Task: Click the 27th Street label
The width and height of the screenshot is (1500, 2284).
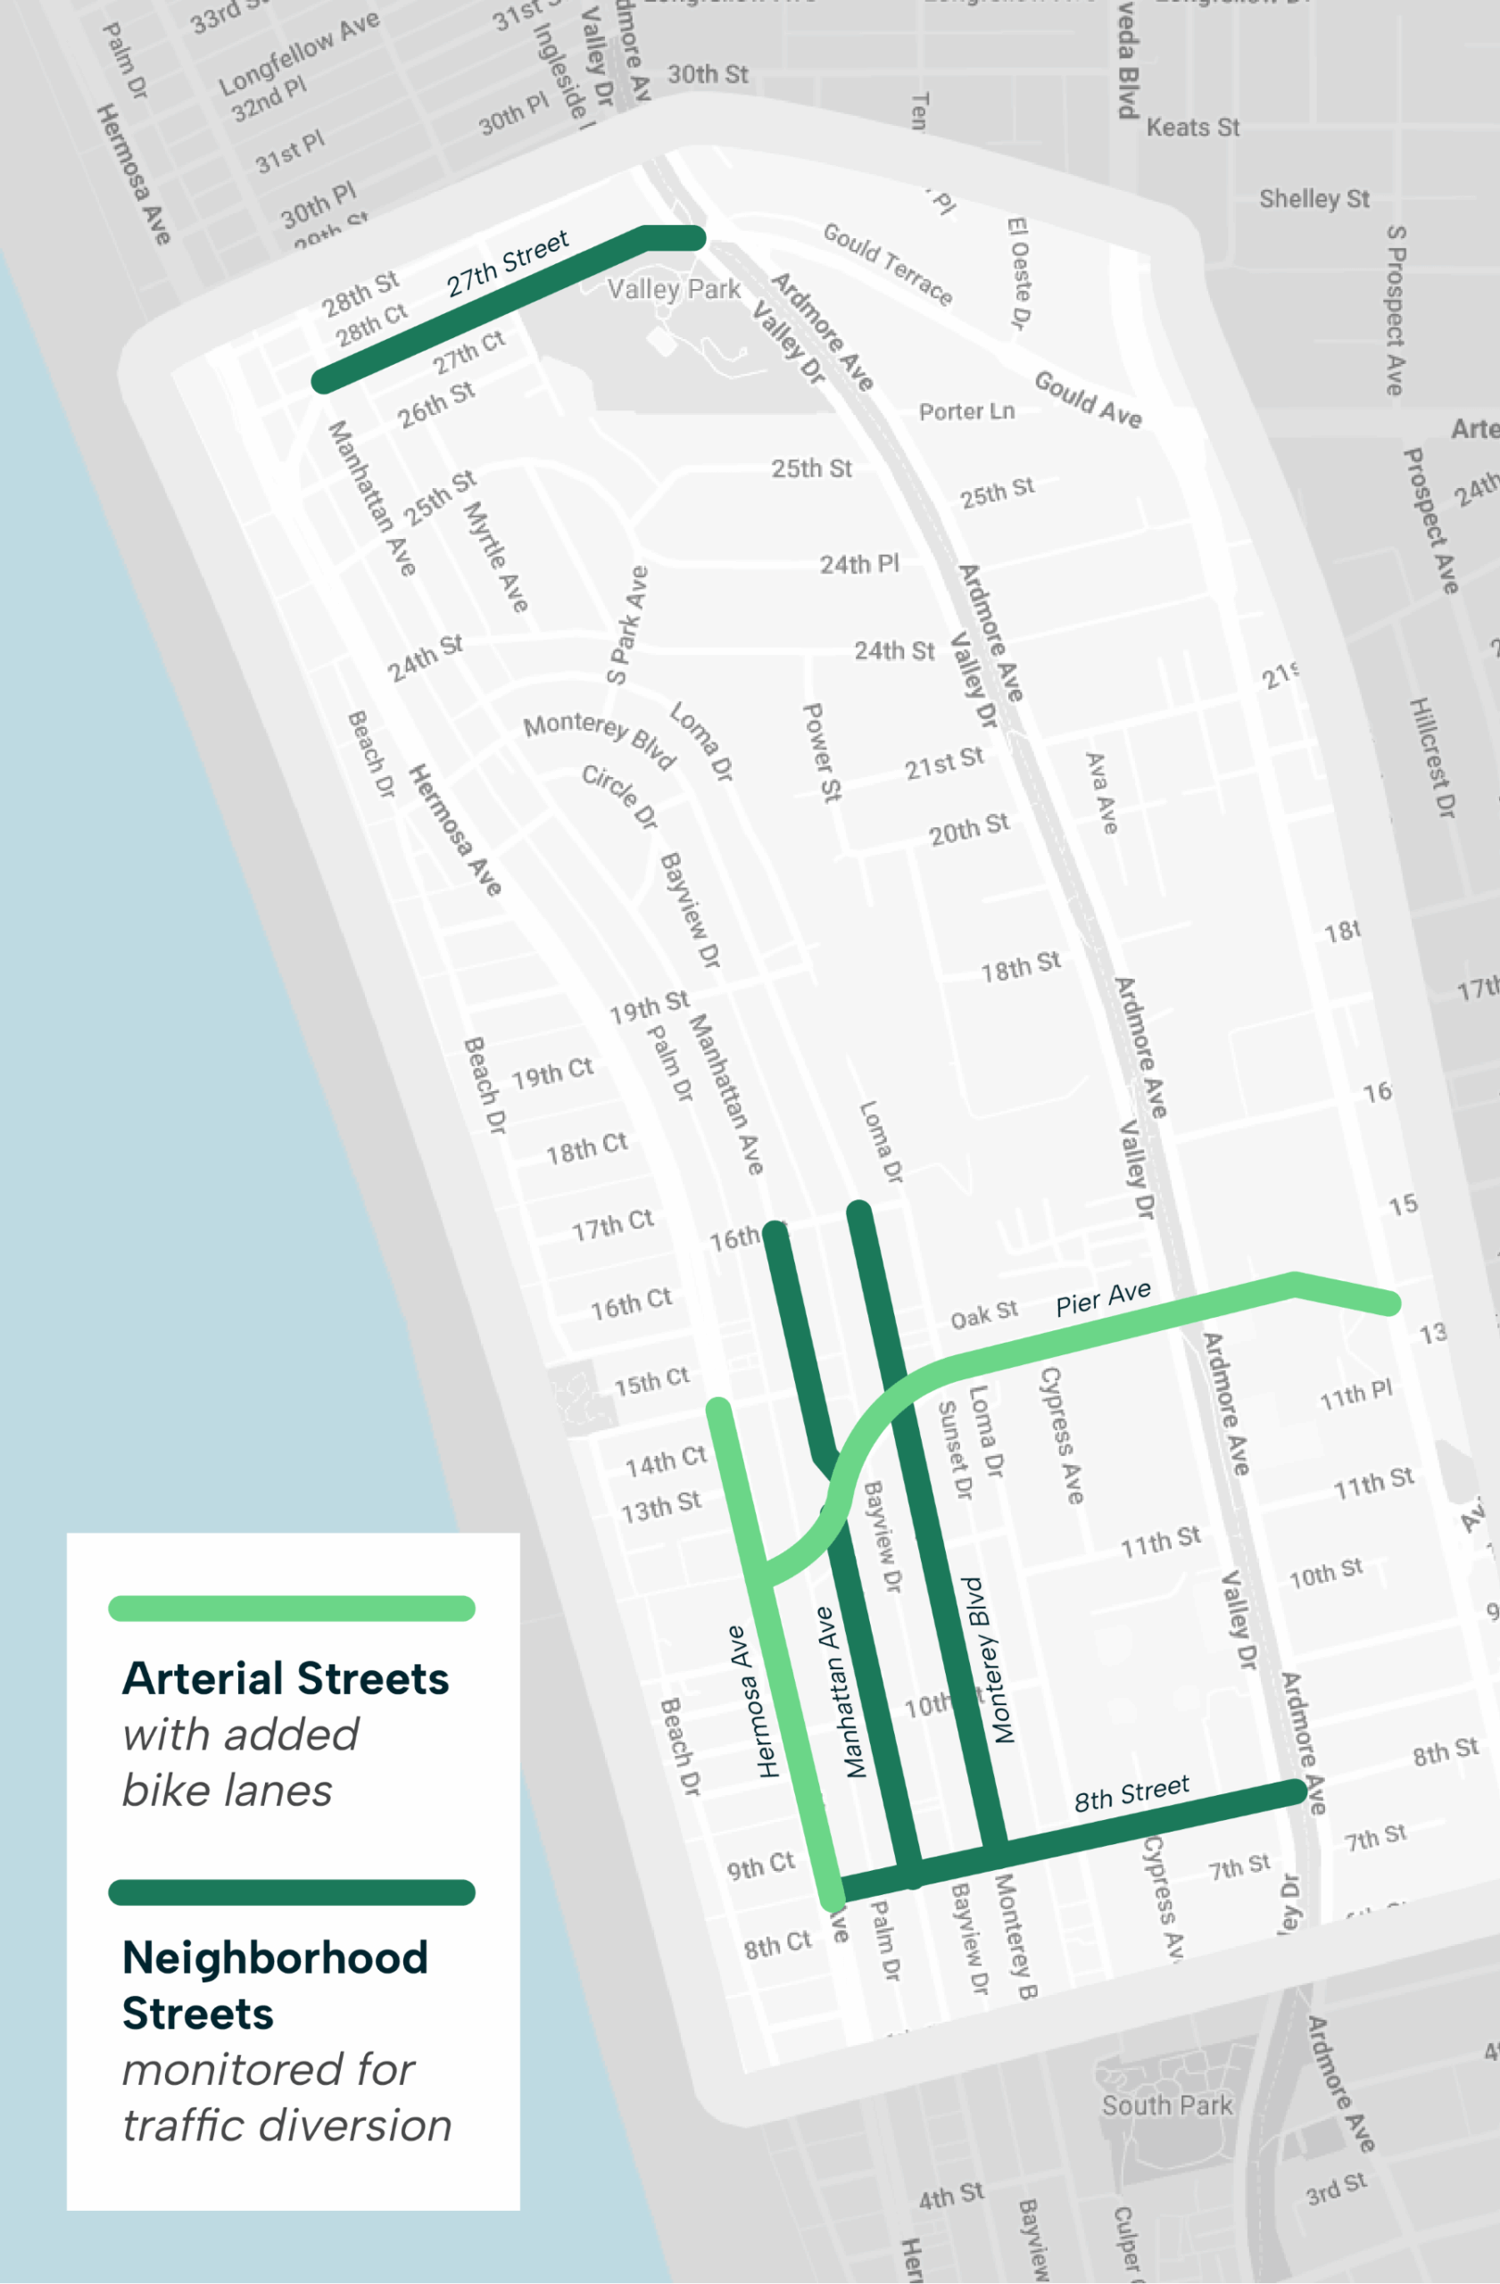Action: tap(508, 263)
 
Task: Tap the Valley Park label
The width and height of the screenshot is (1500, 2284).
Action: tap(674, 289)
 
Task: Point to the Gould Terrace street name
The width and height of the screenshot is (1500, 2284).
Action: tap(888, 263)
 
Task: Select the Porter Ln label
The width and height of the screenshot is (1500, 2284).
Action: tap(966, 411)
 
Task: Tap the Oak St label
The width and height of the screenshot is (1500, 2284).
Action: tap(983, 1314)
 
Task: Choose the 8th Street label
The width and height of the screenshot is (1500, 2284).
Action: tap(1131, 1792)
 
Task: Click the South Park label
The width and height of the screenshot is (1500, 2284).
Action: tap(1166, 2106)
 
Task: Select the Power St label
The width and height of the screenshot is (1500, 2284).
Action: tap(822, 752)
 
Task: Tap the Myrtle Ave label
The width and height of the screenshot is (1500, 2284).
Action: tap(496, 557)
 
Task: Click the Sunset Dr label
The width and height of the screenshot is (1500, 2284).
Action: tap(955, 1449)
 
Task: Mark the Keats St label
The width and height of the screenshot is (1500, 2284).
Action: tap(1193, 128)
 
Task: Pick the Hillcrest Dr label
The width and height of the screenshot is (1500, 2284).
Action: tap(1432, 757)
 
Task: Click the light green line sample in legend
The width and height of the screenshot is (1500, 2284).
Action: tap(292, 1609)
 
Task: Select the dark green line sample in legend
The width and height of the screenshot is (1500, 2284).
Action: tap(292, 1892)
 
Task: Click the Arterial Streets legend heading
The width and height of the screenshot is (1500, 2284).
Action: tap(286, 1678)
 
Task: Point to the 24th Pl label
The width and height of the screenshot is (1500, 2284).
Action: tap(859, 564)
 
